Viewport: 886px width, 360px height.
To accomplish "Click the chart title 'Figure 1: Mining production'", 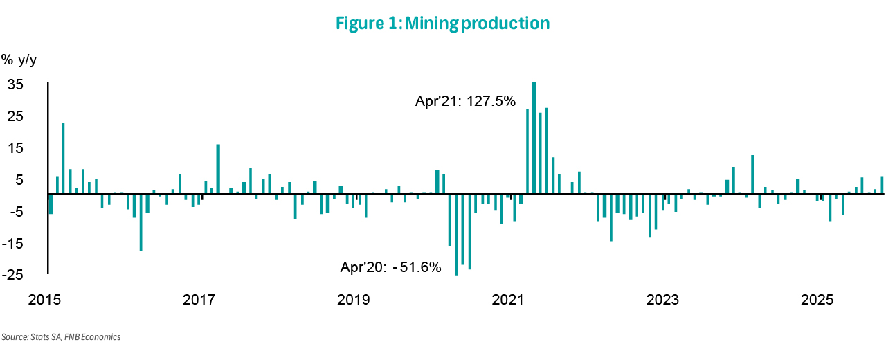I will click(443, 24).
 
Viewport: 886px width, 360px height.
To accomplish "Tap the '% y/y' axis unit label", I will click(19, 60).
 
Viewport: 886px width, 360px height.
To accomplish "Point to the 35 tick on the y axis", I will click(15, 84).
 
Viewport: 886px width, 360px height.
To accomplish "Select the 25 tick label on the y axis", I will click(15, 116).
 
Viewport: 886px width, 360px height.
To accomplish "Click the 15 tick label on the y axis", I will click(15, 148).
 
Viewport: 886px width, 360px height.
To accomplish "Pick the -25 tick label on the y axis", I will click(13, 275).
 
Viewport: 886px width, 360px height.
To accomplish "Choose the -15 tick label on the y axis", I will click(13, 243).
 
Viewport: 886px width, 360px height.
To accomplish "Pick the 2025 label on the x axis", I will click(817, 300).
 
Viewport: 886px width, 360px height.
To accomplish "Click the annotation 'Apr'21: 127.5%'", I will click(465, 101).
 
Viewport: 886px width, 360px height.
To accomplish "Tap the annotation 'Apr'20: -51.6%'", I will click(390, 267).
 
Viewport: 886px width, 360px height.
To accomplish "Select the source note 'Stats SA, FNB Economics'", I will click(61, 337).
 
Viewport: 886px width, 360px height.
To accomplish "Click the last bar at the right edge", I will click(882, 186).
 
